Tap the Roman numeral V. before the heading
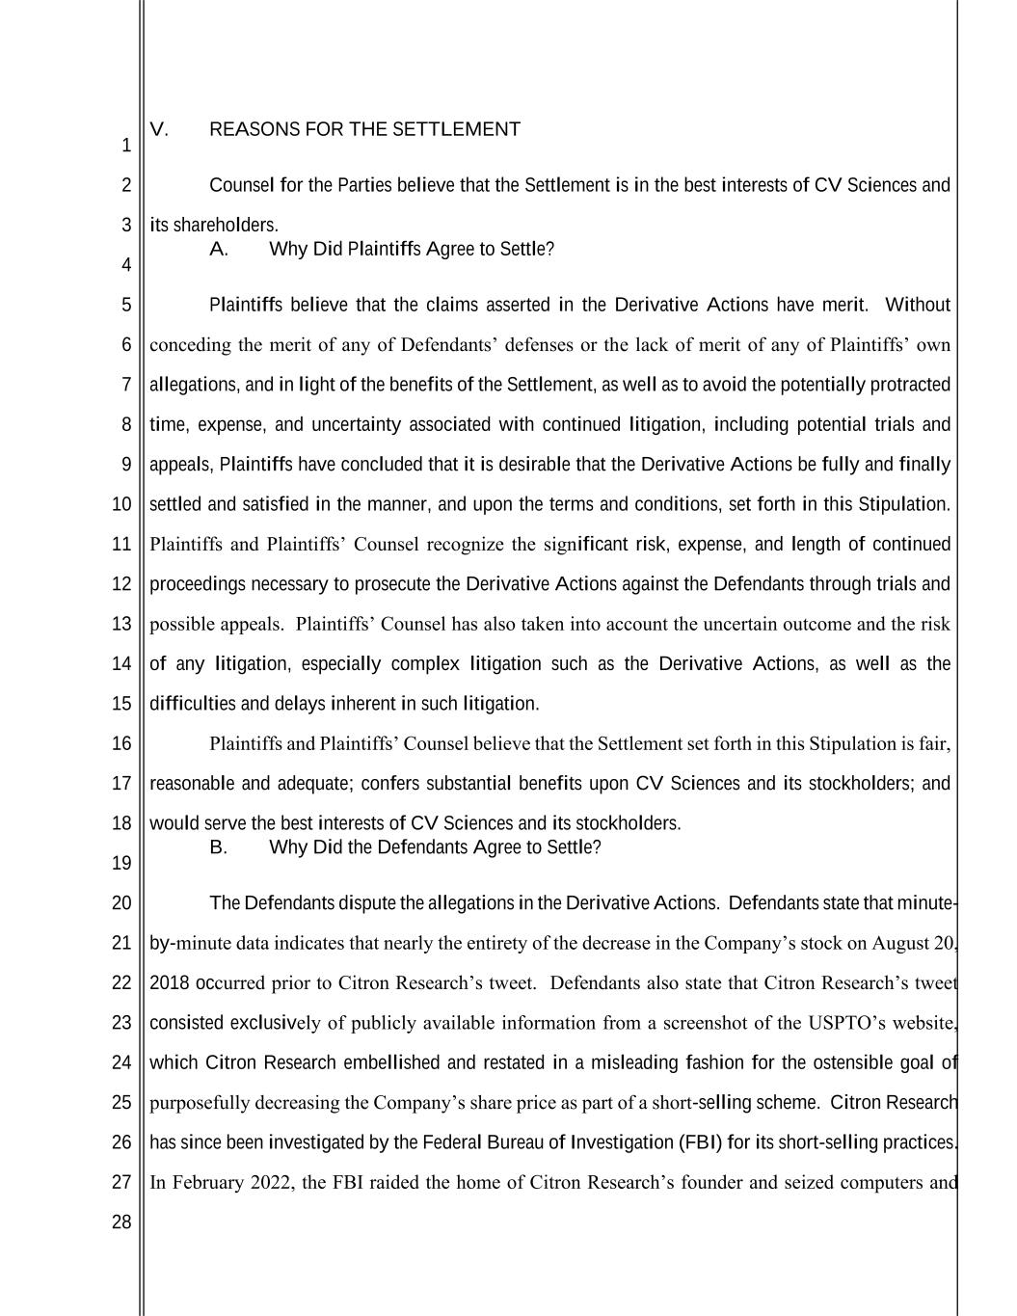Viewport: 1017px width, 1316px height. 159,129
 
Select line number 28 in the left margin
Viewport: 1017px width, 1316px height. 121,1222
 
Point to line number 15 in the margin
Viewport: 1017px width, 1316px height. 121,704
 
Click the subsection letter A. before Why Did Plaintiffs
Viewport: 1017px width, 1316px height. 219,250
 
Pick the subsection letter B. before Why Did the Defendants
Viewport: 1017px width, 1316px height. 219,847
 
